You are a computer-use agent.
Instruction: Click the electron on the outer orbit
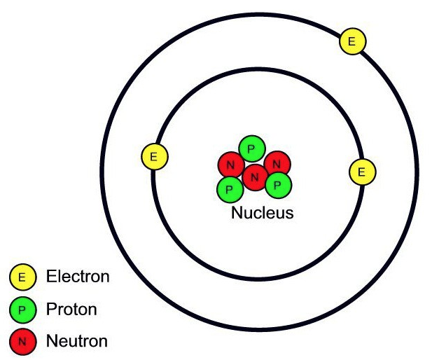[x=351, y=42]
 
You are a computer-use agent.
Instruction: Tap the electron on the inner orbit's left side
[x=155, y=156]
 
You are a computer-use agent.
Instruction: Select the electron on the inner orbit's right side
[x=362, y=171]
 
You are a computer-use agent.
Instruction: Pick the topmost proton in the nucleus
[x=251, y=148]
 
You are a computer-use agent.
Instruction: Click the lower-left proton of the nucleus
[x=229, y=187]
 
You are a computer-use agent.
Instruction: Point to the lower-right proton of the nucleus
[x=278, y=185]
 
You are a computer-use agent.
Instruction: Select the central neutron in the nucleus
[x=254, y=176]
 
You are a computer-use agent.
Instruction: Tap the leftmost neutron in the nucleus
[x=230, y=166]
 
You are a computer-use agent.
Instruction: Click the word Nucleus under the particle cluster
[x=262, y=212]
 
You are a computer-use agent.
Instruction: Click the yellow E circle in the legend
[x=22, y=277]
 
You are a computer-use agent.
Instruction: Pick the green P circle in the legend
[x=22, y=310]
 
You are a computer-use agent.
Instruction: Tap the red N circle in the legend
[x=22, y=342]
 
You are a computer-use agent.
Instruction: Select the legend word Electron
[x=78, y=277]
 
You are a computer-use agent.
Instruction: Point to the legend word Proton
[x=71, y=309]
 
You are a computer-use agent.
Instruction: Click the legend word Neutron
[x=76, y=342]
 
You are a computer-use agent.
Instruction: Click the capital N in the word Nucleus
[x=237, y=212]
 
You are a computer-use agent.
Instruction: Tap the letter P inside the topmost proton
[x=251, y=148]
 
